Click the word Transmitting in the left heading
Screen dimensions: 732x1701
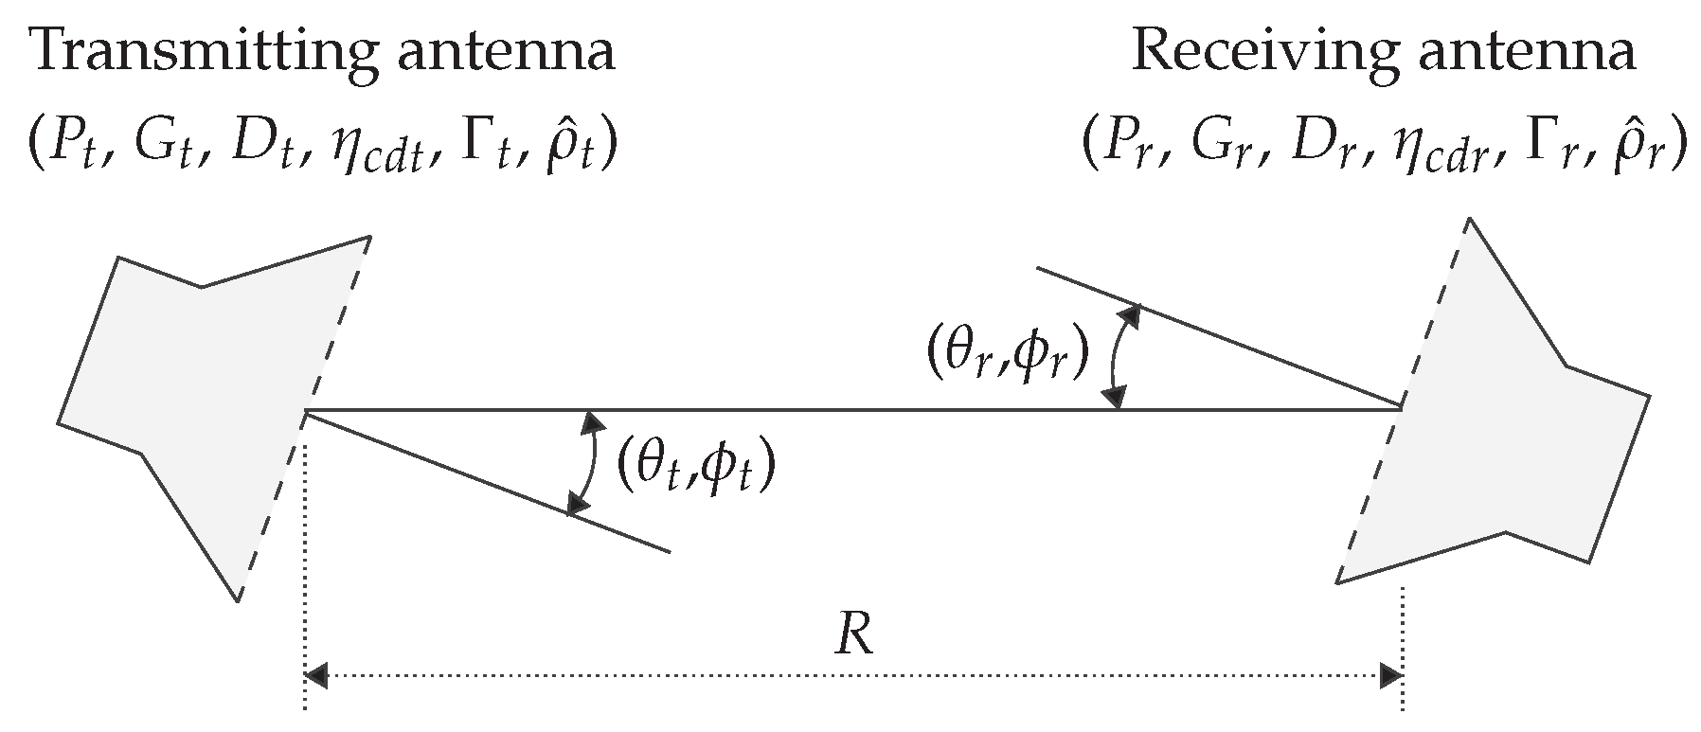pos(186,52)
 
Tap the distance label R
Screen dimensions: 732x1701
pos(853,638)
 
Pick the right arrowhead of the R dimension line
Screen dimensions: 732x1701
pos(1390,675)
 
